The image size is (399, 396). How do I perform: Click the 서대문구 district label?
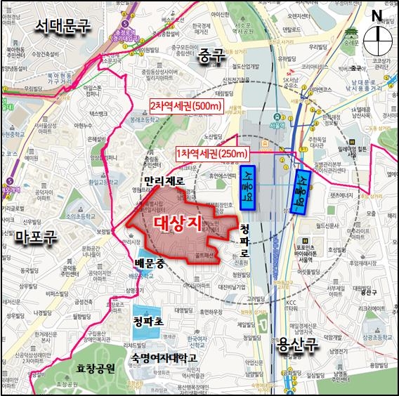[64, 27]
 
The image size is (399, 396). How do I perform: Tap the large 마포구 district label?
[37, 237]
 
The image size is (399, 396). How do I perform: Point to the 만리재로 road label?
[164, 181]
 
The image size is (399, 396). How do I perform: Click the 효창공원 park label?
[96, 367]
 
